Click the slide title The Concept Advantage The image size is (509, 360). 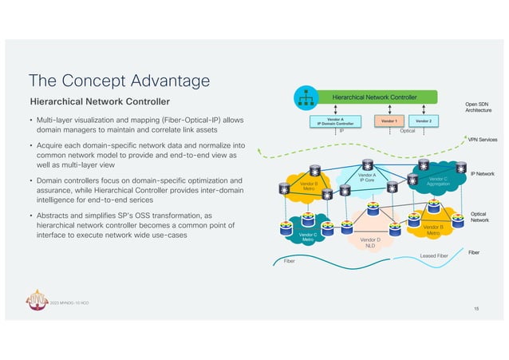(x=119, y=81)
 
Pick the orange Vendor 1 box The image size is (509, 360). (x=389, y=121)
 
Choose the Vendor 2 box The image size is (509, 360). (x=424, y=121)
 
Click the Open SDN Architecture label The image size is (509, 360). (x=482, y=107)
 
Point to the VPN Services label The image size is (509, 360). (x=482, y=140)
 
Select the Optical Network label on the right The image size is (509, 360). (x=479, y=216)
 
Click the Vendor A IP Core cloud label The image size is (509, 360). (x=367, y=177)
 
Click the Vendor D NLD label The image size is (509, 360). (x=369, y=243)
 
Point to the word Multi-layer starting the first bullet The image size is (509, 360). (x=57, y=120)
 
